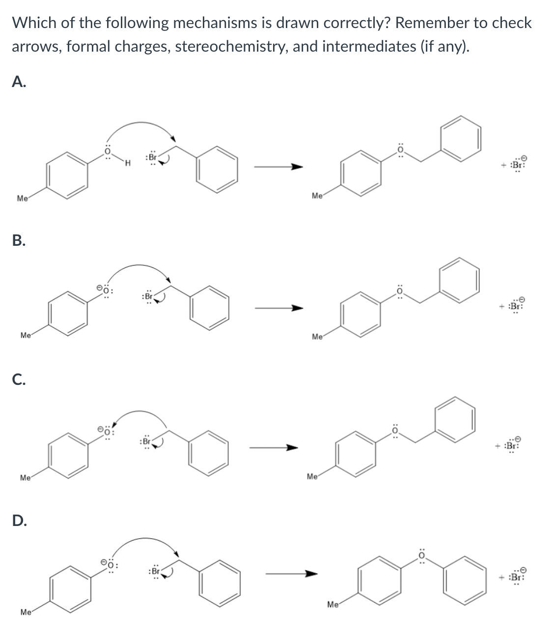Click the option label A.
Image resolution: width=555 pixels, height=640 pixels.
[x=19, y=82]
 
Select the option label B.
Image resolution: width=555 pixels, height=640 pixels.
[x=19, y=240]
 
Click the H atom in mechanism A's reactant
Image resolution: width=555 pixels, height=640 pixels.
[x=127, y=163]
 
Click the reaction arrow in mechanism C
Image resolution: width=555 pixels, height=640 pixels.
[x=273, y=448]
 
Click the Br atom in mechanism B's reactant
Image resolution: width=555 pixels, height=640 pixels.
[x=147, y=297]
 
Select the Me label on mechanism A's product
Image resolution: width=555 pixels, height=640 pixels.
[x=317, y=196]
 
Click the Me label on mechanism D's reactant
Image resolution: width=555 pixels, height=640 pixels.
[x=26, y=612]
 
